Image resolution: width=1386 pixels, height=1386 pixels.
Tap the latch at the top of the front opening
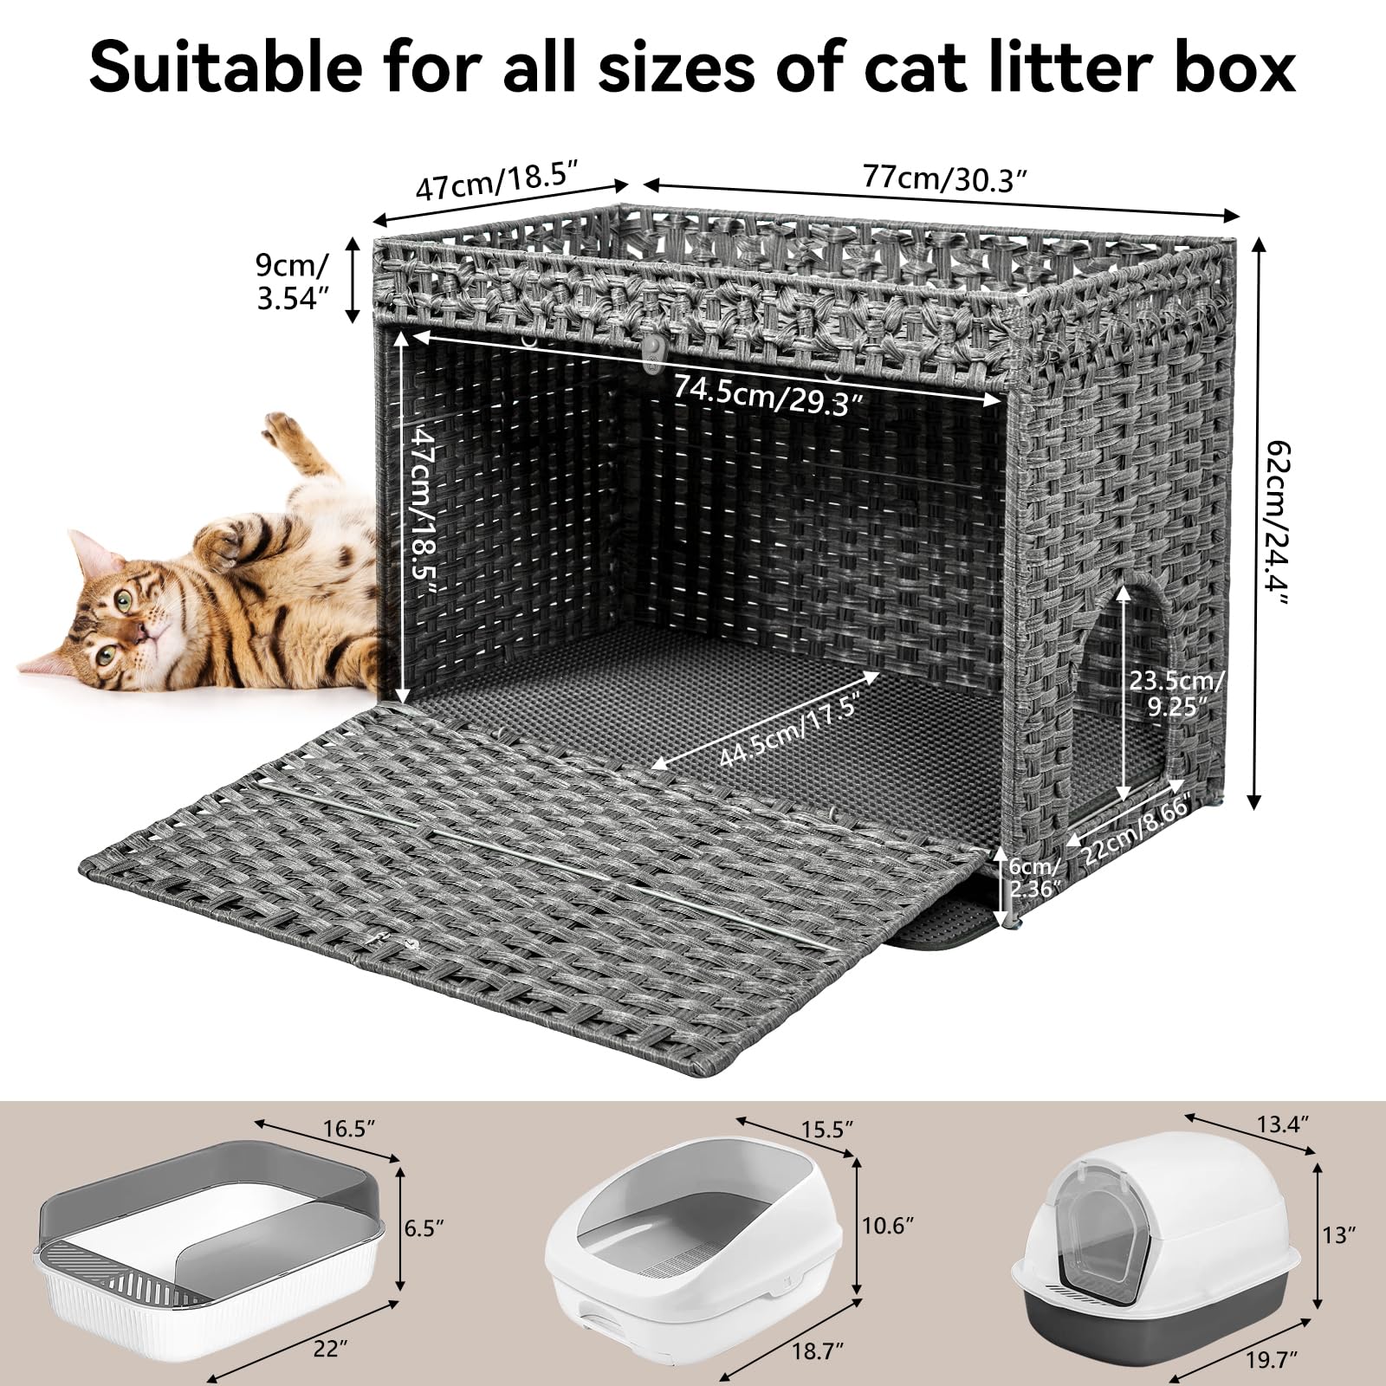pyautogui.click(x=651, y=349)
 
